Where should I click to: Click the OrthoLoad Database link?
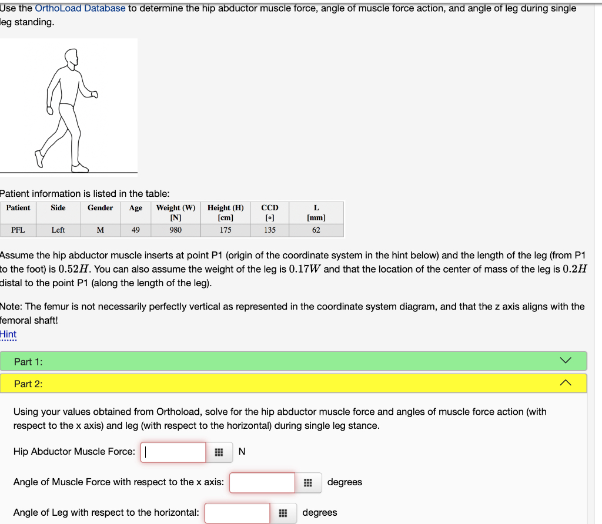[x=80, y=8]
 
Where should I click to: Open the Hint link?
[x=8, y=334]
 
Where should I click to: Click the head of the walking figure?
[x=71, y=58]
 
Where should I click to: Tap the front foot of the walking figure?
[x=79, y=168]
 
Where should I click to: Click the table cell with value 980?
[x=175, y=230]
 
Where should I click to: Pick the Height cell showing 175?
[x=225, y=230]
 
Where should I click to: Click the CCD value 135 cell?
[x=270, y=230]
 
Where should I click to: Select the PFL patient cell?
[x=18, y=230]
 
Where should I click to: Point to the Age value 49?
[x=135, y=230]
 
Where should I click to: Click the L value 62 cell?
[x=316, y=230]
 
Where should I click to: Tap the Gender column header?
[x=100, y=208]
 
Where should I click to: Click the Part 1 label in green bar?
[x=28, y=362]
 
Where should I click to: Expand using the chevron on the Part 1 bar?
[x=565, y=361]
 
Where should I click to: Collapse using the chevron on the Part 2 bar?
[x=565, y=383]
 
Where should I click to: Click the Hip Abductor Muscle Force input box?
[x=173, y=452]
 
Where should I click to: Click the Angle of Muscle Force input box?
[x=262, y=482]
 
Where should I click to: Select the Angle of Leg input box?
[x=238, y=513]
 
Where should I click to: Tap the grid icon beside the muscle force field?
[x=219, y=452]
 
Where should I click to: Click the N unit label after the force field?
[x=242, y=452]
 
